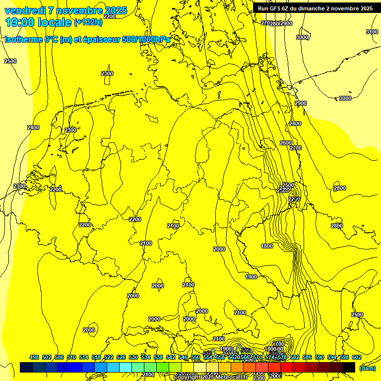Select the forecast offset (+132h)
coord(88,22)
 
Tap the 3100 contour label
coord(372,32)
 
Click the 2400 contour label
coord(33,127)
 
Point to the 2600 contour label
coord(286,143)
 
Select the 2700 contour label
coord(296,148)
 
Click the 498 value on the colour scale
coord(34,357)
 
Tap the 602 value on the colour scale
coord(357,357)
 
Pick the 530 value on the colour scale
coord(133,357)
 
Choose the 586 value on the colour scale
coord(307,357)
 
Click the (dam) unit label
coord(367,368)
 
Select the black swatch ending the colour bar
coord(349,367)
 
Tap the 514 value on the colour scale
coord(84,357)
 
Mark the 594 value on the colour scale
coord(332,357)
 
